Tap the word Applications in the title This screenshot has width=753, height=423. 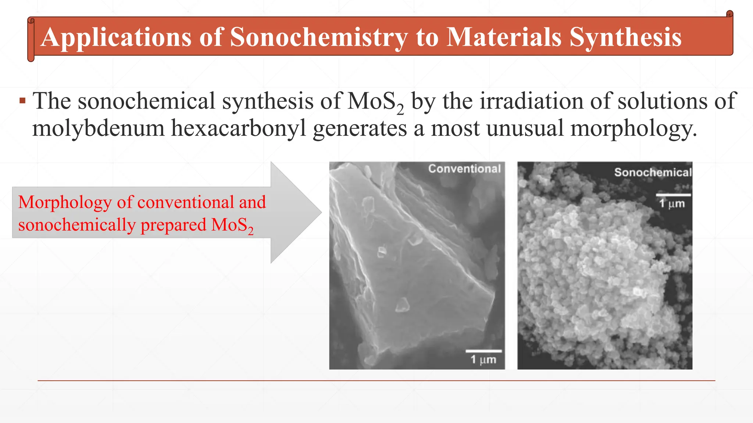116,37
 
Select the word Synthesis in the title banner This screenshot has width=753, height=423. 625,37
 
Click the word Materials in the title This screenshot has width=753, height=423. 504,37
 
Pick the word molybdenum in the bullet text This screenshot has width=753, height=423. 98,129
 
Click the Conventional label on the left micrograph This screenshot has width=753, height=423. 464,169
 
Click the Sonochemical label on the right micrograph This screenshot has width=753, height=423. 653,172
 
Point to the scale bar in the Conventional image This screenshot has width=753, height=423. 483,351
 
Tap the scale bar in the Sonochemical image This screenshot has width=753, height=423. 673,195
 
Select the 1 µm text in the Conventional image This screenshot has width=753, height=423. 483,359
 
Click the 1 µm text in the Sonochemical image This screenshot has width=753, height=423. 672,203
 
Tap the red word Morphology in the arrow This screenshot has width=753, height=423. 65,202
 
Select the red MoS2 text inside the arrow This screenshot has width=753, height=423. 232,225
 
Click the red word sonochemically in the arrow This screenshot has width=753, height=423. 76,225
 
